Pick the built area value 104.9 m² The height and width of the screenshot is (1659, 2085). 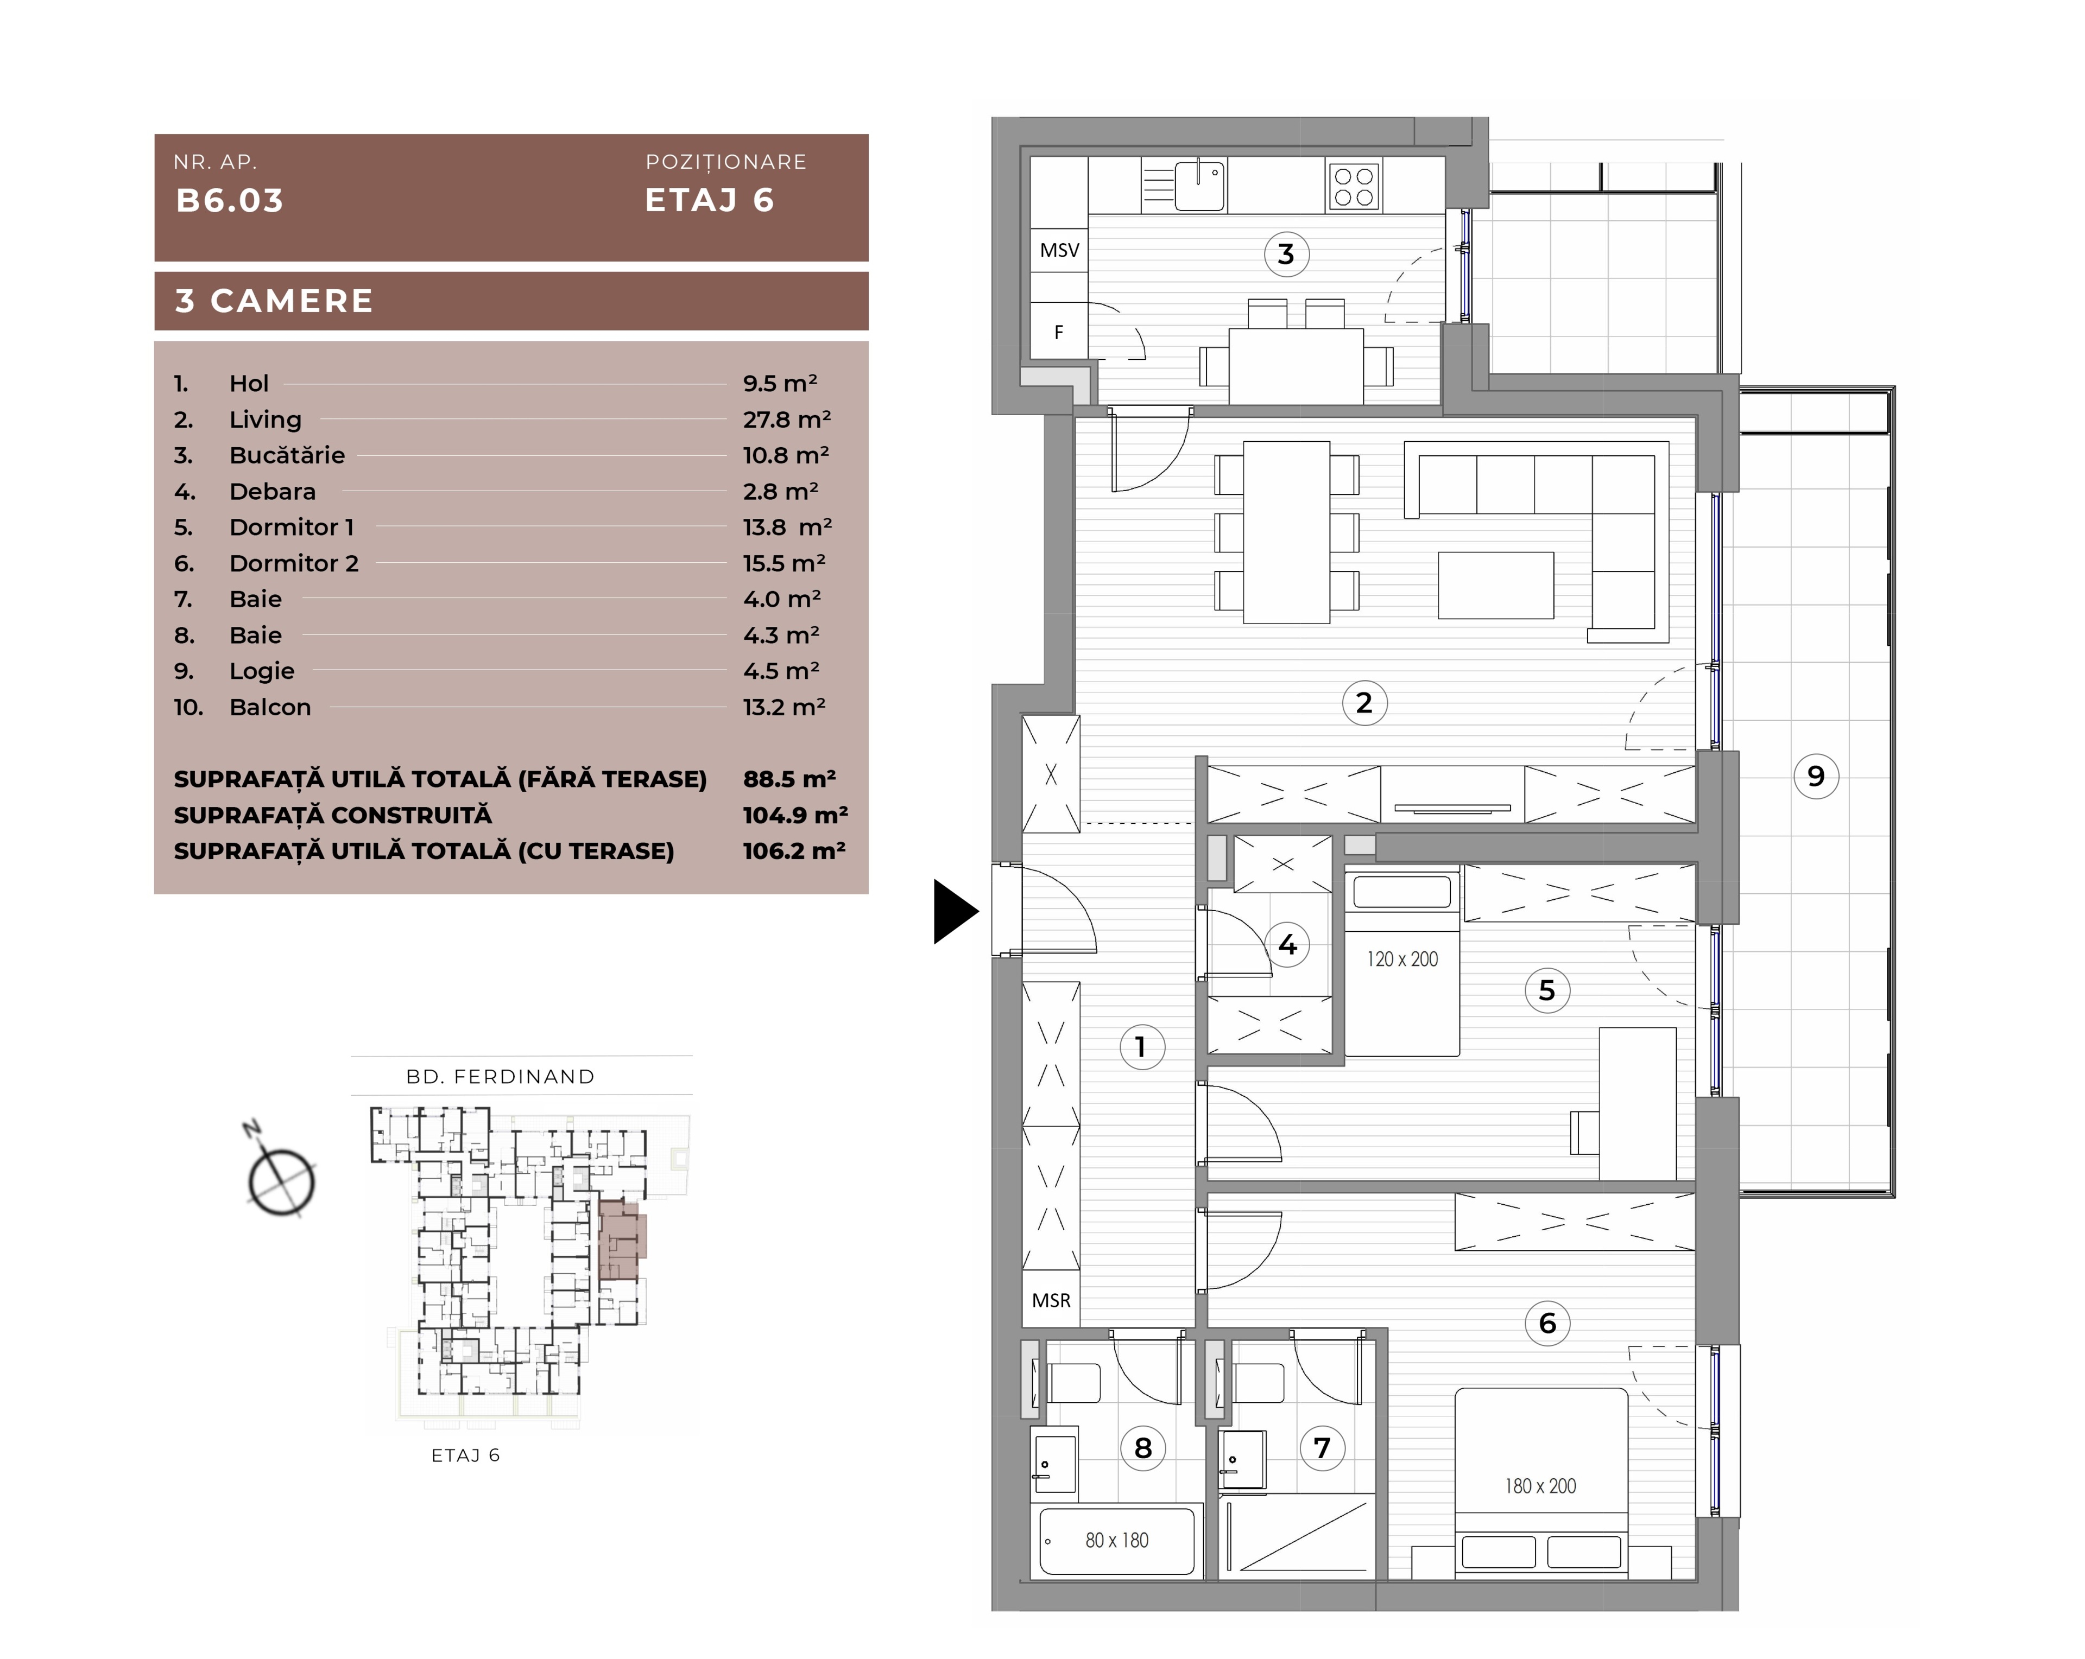[x=795, y=815]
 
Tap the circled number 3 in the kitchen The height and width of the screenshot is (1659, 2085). [x=1286, y=255]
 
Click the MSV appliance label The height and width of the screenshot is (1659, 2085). [x=1059, y=250]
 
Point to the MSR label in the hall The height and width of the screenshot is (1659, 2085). [x=1051, y=1300]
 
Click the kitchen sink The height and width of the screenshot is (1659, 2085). [x=1199, y=185]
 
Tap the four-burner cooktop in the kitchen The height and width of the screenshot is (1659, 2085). [x=1353, y=186]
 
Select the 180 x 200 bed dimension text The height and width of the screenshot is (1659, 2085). [x=1539, y=1486]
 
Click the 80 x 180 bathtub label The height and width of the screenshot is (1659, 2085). [x=1117, y=1540]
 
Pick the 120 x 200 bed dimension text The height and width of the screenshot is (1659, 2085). [x=1402, y=959]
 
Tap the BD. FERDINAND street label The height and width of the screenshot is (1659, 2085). [x=500, y=1077]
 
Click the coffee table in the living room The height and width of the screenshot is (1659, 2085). [x=1496, y=585]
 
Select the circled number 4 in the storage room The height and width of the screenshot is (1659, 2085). [x=1287, y=944]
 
